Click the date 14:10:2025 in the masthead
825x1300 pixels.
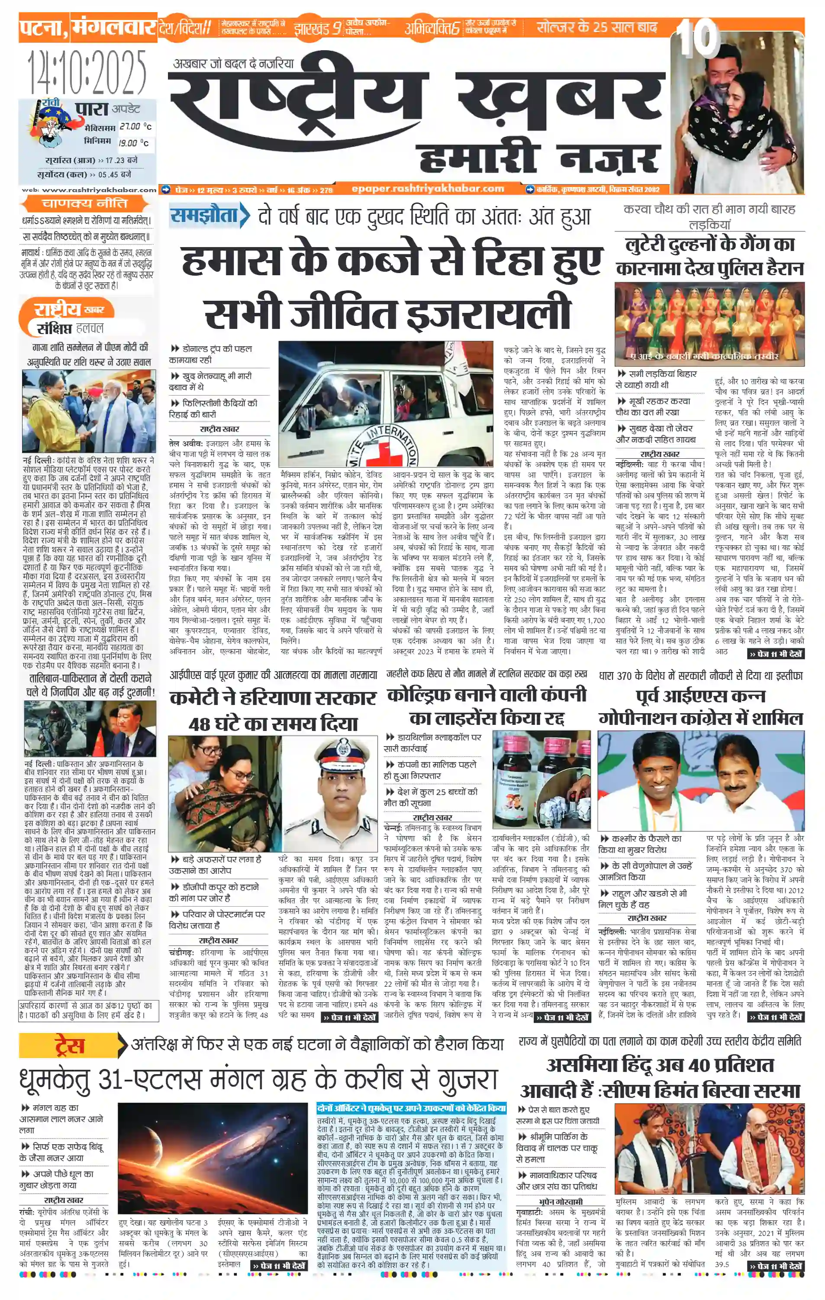coord(87,72)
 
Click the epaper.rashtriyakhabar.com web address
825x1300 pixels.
coord(428,188)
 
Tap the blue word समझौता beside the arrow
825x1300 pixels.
coord(204,216)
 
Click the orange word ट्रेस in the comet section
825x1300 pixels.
coord(70,1046)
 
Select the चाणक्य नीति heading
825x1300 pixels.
coord(85,203)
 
